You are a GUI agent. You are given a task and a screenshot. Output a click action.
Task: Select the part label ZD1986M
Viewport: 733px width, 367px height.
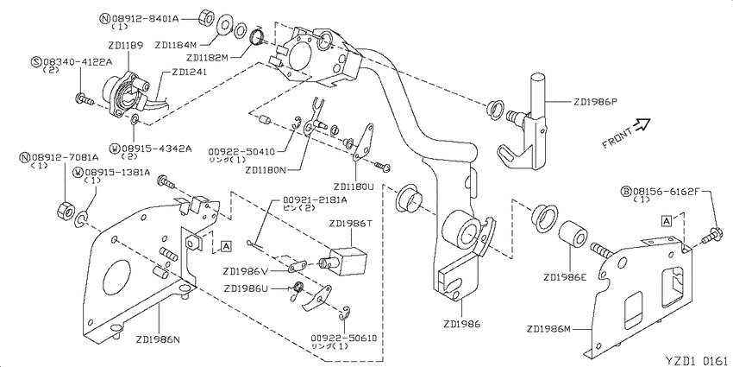[548, 329]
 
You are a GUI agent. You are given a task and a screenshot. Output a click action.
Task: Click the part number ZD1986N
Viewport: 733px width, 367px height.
[159, 339]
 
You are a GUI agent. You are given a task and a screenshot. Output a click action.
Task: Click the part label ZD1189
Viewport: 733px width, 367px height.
[126, 46]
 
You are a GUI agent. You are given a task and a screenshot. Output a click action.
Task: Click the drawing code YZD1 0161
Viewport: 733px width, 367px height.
[697, 360]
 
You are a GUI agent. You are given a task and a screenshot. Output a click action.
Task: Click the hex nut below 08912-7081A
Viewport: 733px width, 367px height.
[65, 210]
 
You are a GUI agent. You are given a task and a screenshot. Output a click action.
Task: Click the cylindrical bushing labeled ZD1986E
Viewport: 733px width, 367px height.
[571, 234]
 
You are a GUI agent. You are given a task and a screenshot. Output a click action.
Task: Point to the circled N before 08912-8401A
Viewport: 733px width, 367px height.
[105, 19]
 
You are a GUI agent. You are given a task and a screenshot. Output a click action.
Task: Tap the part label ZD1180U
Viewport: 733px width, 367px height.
[353, 187]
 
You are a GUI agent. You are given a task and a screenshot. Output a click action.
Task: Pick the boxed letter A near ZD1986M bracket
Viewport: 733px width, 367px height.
[667, 220]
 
